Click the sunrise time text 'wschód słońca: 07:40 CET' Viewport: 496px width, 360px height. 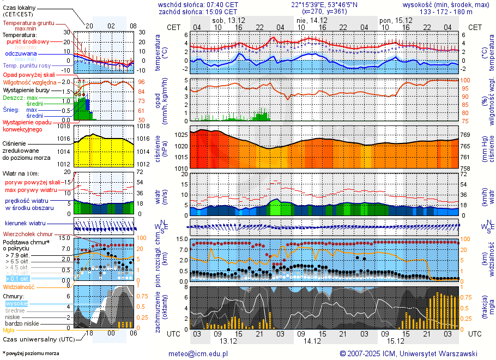(x=198, y=4)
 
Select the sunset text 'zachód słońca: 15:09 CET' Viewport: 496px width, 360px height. (x=198, y=11)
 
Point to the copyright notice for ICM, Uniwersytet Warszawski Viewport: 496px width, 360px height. (x=408, y=353)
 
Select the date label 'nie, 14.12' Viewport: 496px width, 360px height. (x=312, y=20)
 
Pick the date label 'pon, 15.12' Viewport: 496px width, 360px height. (x=392, y=20)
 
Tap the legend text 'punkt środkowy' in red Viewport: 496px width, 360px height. (x=28, y=41)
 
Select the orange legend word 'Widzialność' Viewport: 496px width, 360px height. (x=19, y=286)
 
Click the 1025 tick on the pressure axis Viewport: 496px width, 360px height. (x=181, y=135)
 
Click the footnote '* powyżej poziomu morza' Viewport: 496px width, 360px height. (x=31, y=353)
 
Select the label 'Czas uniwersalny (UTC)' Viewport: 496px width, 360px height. (x=39, y=339)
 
